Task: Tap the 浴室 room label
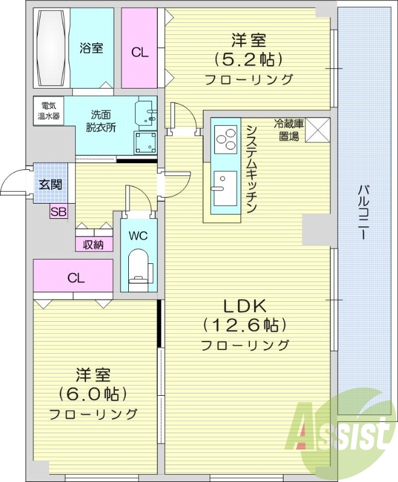pyautogui.click(x=91, y=49)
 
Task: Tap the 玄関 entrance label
pyautogui.click(x=50, y=184)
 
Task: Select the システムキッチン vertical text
pyautogui.click(x=252, y=169)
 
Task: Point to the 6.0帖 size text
pyautogui.click(x=93, y=394)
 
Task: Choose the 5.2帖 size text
pyautogui.click(x=248, y=60)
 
